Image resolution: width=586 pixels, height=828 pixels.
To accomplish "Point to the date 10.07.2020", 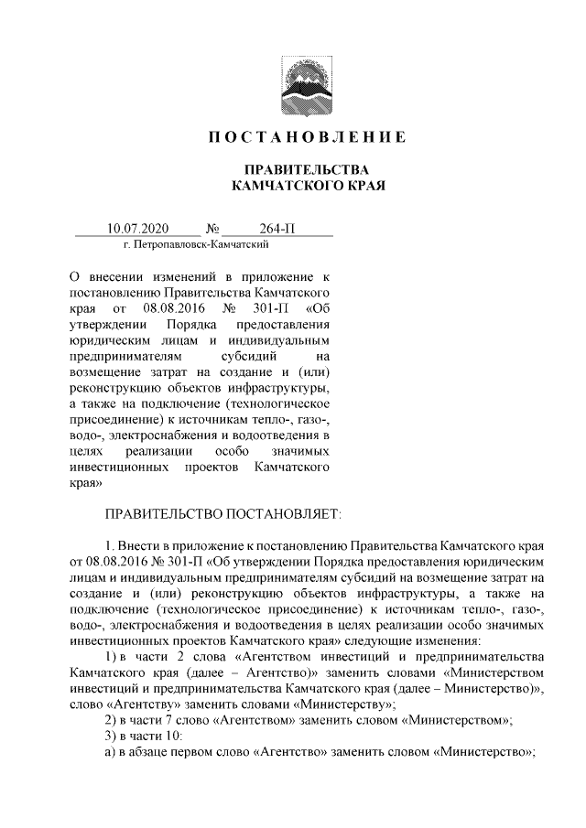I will [138, 228].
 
